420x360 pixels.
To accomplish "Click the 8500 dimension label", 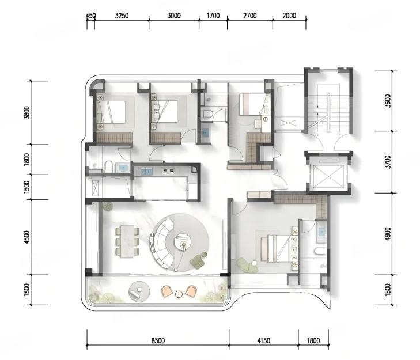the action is pos(158,341).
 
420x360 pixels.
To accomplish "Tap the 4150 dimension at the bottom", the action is pos(263,341).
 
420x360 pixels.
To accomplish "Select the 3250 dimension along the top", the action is pos(122,16).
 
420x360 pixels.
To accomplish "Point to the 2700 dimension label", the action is pos(250,16).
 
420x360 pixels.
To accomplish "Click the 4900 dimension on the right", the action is pos(388,234).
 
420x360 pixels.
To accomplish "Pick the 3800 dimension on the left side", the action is pos(27,113).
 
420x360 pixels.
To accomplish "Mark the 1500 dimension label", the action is pos(27,187).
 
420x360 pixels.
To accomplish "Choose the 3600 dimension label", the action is pos(388,101).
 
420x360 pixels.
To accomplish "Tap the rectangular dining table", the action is pos(127,241).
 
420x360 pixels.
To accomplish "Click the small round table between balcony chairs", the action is pos(179,294).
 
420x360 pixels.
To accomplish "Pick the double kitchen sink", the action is pos(146,171).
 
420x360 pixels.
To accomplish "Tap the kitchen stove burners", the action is pos(168,171).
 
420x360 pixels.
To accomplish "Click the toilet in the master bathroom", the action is pos(320,251).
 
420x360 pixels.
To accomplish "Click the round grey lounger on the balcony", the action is pos(139,291).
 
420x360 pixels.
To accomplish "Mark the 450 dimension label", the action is pos(90,16).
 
